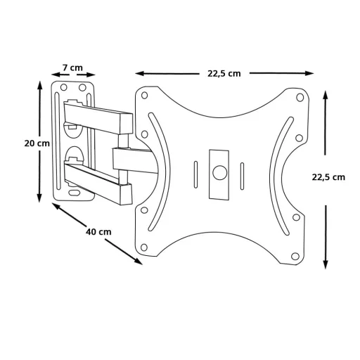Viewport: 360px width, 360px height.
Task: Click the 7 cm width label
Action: click(x=72, y=67)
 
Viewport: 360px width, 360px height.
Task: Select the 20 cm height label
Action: click(x=37, y=143)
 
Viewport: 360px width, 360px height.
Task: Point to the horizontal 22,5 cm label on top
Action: click(x=224, y=74)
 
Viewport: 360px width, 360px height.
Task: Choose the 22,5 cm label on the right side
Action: click(x=328, y=177)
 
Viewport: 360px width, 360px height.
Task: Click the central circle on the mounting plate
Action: click(x=220, y=169)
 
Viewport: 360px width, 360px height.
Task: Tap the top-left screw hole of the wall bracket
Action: click(x=64, y=89)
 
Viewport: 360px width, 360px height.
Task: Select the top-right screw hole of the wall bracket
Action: click(x=84, y=88)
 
